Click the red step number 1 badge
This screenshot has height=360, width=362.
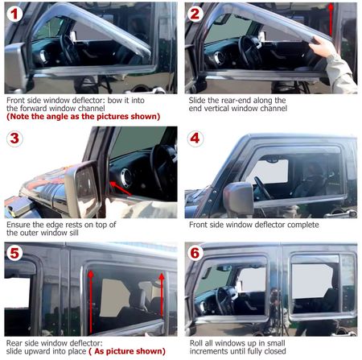click(14, 14)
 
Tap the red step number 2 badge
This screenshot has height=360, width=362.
click(195, 14)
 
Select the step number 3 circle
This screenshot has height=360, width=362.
click(14, 139)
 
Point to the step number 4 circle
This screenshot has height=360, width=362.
click(195, 139)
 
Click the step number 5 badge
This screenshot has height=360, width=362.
click(14, 253)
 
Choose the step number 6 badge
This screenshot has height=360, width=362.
click(195, 253)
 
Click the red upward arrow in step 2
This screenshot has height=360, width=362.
click(331, 19)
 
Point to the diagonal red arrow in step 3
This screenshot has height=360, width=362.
click(121, 188)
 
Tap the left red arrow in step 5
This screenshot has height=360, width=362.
click(91, 302)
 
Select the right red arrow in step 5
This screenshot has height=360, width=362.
click(162, 295)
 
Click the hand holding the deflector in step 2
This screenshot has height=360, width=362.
click(322, 46)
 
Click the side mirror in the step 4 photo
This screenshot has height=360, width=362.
click(238, 198)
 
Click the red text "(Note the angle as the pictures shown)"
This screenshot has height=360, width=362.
click(84, 117)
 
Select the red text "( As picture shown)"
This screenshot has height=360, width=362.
click(127, 351)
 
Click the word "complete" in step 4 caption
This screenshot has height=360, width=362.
click(303, 225)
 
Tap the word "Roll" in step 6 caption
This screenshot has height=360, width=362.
click(196, 343)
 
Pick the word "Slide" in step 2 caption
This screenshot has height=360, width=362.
click(197, 101)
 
